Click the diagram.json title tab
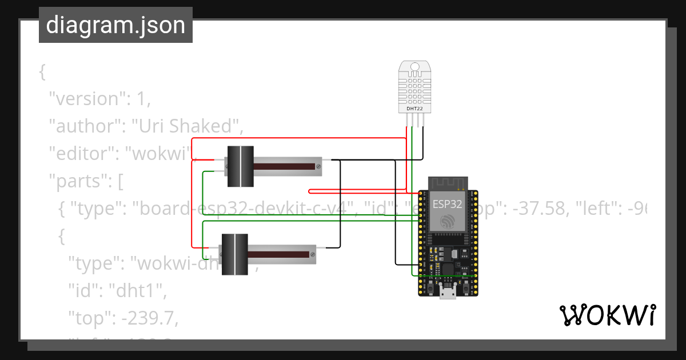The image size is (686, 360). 115,26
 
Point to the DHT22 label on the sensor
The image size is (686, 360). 414,108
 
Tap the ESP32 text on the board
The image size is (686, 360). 448,204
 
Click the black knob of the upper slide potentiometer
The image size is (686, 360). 240,166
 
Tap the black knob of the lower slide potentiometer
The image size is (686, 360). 234,254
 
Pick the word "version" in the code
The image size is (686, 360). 86,99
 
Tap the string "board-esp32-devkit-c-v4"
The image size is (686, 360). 240,209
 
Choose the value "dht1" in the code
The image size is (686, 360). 136,291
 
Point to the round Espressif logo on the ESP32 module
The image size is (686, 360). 448,220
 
